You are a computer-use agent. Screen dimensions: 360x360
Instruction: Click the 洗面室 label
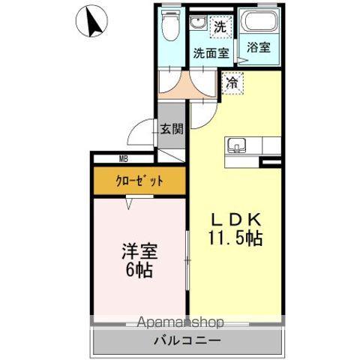[209, 53]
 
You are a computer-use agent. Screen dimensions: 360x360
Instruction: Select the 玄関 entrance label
[171, 129]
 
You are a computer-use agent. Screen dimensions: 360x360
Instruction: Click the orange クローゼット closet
[139, 181]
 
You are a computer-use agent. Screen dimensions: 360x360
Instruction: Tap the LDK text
[236, 220]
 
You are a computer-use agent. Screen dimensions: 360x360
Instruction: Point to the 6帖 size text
[138, 271]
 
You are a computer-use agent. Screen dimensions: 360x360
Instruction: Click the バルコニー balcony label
[187, 340]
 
